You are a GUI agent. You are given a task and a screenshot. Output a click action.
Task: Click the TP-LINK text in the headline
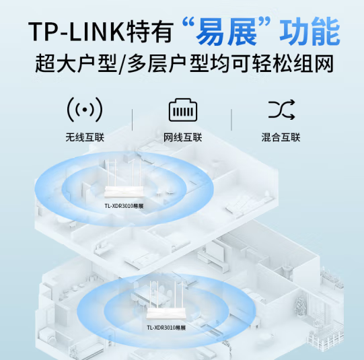pos(77,32)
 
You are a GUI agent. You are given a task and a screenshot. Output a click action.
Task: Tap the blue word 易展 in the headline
pos(227,32)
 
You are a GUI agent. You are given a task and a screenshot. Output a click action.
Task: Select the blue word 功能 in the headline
pos(310,32)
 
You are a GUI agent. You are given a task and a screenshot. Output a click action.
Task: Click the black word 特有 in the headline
pos(150,32)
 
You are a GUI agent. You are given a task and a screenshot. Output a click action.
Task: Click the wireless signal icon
pos(85,110)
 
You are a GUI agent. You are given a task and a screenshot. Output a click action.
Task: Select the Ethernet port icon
pos(183,110)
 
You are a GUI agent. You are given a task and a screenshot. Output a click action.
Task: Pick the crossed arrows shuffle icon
pos(281,110)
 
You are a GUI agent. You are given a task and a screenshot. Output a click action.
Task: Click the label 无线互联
pos(85,137)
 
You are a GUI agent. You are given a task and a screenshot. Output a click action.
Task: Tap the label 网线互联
pos(183,137)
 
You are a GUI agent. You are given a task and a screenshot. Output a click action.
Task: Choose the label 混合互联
pos(281,137)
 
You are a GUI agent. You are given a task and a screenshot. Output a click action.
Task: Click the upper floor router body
pos(124,192)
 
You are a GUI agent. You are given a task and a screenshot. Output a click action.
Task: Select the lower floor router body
pos(166,314)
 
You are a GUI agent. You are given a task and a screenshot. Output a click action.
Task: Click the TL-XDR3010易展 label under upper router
pos(124,206)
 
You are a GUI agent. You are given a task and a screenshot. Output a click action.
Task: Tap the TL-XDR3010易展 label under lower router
pos(166,328)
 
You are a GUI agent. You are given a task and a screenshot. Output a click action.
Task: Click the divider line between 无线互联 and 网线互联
pos(133,120)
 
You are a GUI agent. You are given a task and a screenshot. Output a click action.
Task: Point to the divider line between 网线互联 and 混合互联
pos(231,120)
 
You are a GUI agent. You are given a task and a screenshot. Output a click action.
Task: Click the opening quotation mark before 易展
pos(188,22)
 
